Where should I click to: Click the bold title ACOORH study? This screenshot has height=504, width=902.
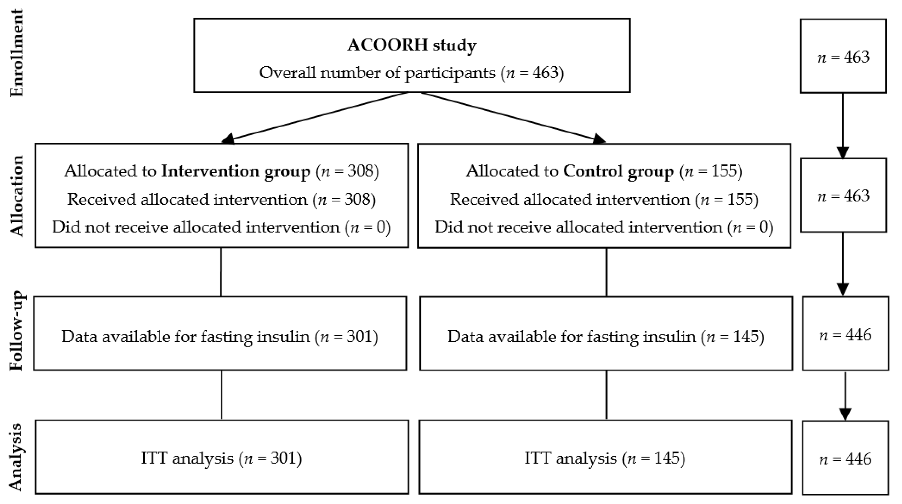click(412, 45)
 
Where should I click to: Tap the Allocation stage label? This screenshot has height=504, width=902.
click(17, 196)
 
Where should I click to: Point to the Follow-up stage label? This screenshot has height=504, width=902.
click(17, 331)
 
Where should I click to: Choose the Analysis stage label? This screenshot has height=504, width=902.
click(16, 457)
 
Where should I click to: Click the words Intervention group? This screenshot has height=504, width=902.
click(236, 171)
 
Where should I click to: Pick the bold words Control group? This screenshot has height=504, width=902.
click(618, 171)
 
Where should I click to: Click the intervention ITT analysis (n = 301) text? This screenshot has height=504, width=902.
click(221, 458)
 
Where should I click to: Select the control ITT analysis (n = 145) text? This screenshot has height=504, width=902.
click(605, 458)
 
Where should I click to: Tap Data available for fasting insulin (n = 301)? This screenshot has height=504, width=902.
click(220, 337)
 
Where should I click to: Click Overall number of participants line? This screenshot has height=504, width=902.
click(411, 73)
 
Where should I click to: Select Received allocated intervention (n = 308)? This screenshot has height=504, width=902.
click(221, 199)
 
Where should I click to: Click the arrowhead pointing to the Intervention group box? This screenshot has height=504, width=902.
click(228, 139)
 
